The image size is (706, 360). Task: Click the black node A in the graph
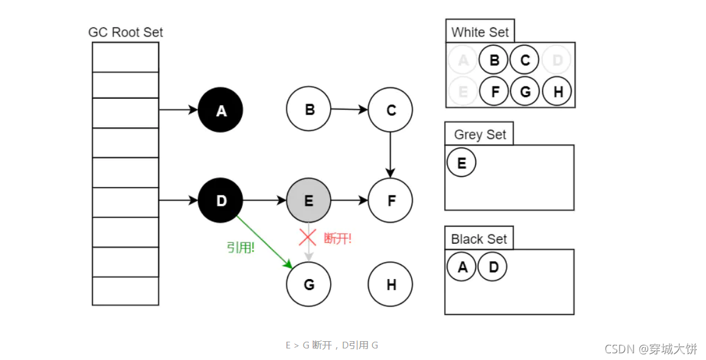click(221, 110)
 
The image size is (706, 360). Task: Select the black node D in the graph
click(221, 200)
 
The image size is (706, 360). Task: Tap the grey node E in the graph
click(308, 200)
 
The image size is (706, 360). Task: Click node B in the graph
click(308, 109)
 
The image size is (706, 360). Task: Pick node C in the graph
click(390, 110)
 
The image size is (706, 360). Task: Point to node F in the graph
click(390, 200)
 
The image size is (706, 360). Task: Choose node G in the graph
click(308, 284)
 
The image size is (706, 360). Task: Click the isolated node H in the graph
click(390, 284)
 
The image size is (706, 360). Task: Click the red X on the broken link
click(308, 237)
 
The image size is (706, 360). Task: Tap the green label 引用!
click(241, 248)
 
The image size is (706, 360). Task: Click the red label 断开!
click(337, 239)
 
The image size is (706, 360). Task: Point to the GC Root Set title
click(125, 32)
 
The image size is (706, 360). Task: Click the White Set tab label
click(480, 32)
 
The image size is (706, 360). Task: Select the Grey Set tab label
click(479, 135)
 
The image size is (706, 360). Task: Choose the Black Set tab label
click(479, 239)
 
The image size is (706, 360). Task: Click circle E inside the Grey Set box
click(461, 163)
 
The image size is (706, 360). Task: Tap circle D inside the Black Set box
click(492, 267)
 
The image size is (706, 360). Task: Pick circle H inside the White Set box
click(556, 91)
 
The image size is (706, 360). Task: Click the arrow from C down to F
click(390, 155)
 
